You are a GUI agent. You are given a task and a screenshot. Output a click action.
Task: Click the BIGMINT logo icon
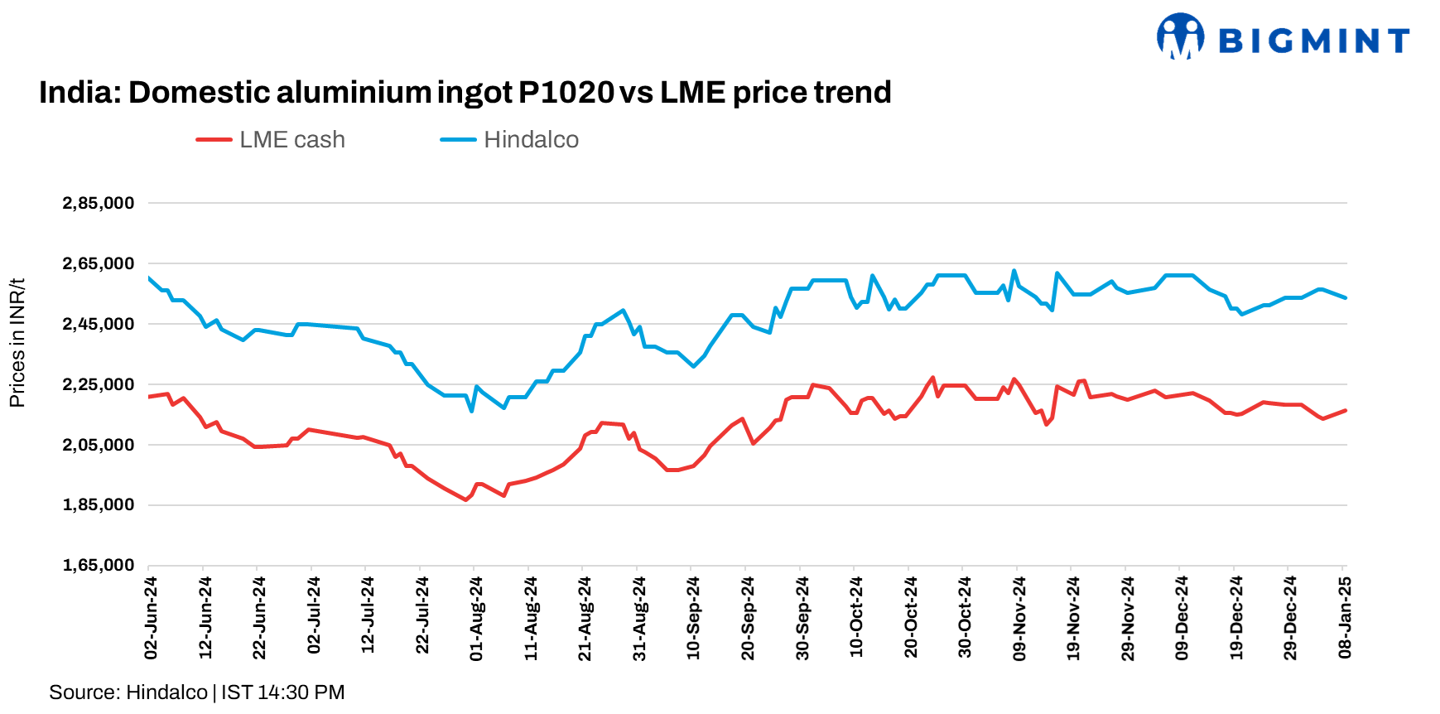1180,36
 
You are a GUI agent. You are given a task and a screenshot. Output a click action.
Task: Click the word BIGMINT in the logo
1314,40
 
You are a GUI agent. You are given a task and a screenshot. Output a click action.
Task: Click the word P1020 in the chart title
566,92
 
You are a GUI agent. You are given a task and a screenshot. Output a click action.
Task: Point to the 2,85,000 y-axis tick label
99,203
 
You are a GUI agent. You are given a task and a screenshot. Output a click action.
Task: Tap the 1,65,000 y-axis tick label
99,565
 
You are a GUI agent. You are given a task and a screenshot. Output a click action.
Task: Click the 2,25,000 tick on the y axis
99,384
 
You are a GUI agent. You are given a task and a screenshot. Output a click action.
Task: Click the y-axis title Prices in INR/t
17,343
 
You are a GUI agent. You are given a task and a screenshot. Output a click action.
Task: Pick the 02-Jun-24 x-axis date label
151,618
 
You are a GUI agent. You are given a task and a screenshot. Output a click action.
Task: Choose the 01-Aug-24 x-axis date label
476,619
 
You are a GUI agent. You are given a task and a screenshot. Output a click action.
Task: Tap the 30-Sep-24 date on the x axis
802,619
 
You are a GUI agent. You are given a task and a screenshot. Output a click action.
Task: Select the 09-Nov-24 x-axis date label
1019,619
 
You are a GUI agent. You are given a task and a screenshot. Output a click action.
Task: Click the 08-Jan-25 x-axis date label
1345,618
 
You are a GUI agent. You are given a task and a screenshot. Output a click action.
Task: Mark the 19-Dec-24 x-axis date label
1236,619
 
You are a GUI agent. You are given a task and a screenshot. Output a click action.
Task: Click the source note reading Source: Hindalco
128,692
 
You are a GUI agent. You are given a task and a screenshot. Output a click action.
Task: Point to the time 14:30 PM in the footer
301,692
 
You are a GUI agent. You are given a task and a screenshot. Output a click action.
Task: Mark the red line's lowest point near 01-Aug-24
465,499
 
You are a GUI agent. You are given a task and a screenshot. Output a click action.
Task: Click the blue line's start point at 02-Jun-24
149,278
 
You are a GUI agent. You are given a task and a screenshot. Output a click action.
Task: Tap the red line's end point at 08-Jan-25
1346,410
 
